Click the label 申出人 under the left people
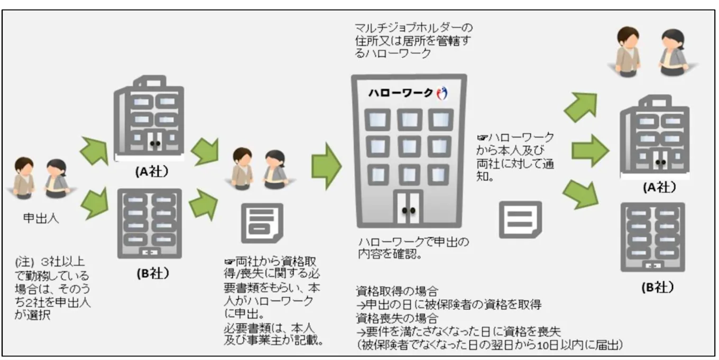point(41,218)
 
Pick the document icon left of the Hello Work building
point(262,223)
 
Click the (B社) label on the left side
point(151,273)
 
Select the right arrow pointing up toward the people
point(580,106)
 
